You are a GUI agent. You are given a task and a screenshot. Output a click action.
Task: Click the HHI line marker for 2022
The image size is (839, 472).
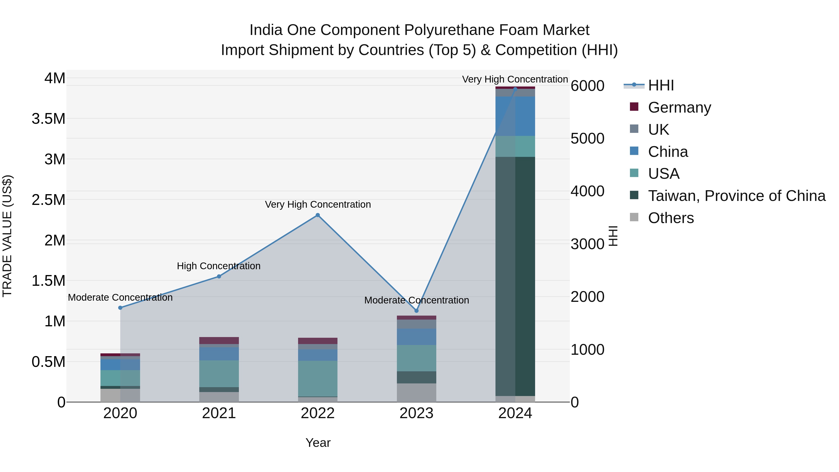point(318,215)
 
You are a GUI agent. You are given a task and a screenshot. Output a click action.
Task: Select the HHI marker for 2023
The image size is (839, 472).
point(416,311)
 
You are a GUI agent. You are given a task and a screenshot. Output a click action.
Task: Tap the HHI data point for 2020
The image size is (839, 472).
point(120,307)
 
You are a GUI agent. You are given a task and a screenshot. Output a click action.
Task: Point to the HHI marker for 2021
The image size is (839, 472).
point(219,276)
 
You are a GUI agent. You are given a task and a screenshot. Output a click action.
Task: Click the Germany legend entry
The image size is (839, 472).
point(679,107)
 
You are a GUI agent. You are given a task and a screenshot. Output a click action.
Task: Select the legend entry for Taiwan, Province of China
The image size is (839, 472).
point(736,196)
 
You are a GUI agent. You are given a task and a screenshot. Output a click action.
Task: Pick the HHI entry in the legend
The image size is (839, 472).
point(660,85)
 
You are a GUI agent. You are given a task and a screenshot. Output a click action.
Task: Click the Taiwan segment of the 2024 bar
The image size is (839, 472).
point(515,277)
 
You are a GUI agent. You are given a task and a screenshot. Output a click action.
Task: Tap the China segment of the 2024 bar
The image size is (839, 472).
point(515,116)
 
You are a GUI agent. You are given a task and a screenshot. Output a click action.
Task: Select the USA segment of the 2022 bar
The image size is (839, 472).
point(318,378)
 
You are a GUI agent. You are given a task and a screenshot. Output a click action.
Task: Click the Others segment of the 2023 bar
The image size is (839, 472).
point(416,393)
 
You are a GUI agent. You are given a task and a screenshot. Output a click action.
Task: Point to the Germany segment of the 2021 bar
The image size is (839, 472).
point(219,340)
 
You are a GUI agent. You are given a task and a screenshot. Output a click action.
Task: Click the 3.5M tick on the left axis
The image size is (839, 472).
point(48,119)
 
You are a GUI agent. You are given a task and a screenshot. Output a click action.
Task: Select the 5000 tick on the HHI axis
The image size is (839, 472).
point(587,138)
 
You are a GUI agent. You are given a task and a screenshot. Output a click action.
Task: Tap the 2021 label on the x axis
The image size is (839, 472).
point(219,413)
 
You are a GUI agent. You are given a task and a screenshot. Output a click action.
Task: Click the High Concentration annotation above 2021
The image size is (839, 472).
point(219,266)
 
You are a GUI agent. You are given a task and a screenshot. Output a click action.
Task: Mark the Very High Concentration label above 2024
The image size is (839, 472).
point(515,79)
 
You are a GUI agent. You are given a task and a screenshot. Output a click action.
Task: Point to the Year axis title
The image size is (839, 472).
point(318,443)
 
